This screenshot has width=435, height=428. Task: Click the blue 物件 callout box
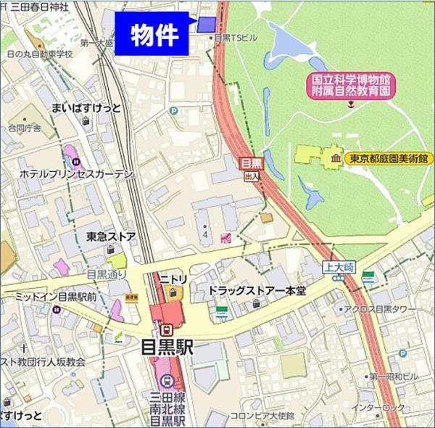[154, 34]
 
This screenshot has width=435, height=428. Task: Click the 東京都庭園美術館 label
[388, 158]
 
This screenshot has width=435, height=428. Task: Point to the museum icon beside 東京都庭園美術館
[336, 158]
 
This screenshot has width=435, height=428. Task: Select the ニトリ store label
[173, 276]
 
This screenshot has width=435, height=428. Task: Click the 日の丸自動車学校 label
[41, 54]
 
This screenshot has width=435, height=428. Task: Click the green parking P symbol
[173, 111]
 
